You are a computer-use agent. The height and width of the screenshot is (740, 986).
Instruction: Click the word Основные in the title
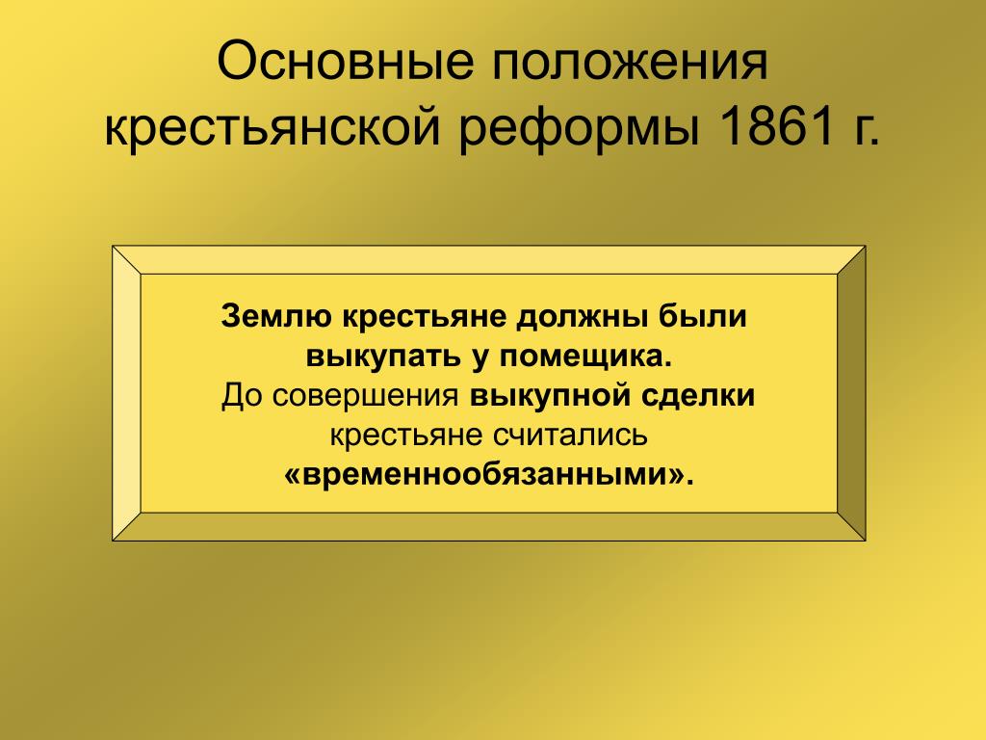tap(346, 62)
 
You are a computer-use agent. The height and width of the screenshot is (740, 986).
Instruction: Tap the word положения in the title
tap(630, 62)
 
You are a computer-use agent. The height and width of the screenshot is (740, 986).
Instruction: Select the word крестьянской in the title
tap(272, 128)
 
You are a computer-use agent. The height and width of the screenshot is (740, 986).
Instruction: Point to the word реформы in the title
tap(579, 128)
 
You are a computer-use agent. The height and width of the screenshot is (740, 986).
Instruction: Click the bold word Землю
tap(276, 316)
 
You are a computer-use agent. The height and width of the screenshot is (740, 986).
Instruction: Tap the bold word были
tap(702, 315)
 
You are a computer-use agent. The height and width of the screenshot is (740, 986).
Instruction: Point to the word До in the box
tap(243, 396)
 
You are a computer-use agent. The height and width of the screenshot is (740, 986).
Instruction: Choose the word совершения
tap(366, 397)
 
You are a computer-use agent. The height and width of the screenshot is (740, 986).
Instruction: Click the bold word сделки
tap(698, 396)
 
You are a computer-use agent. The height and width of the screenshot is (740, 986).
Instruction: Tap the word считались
tap(570, 436)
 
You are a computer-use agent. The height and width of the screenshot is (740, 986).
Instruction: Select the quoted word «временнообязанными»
tap(488, 474)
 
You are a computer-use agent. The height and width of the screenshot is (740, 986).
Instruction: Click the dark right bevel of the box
tap(851, 393)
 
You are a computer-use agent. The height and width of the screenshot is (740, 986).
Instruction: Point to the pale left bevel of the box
tap(126, 393)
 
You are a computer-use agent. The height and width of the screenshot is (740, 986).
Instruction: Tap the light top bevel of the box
tap(488, 260)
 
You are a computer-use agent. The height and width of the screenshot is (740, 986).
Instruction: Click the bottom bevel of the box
tap(488, 527)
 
